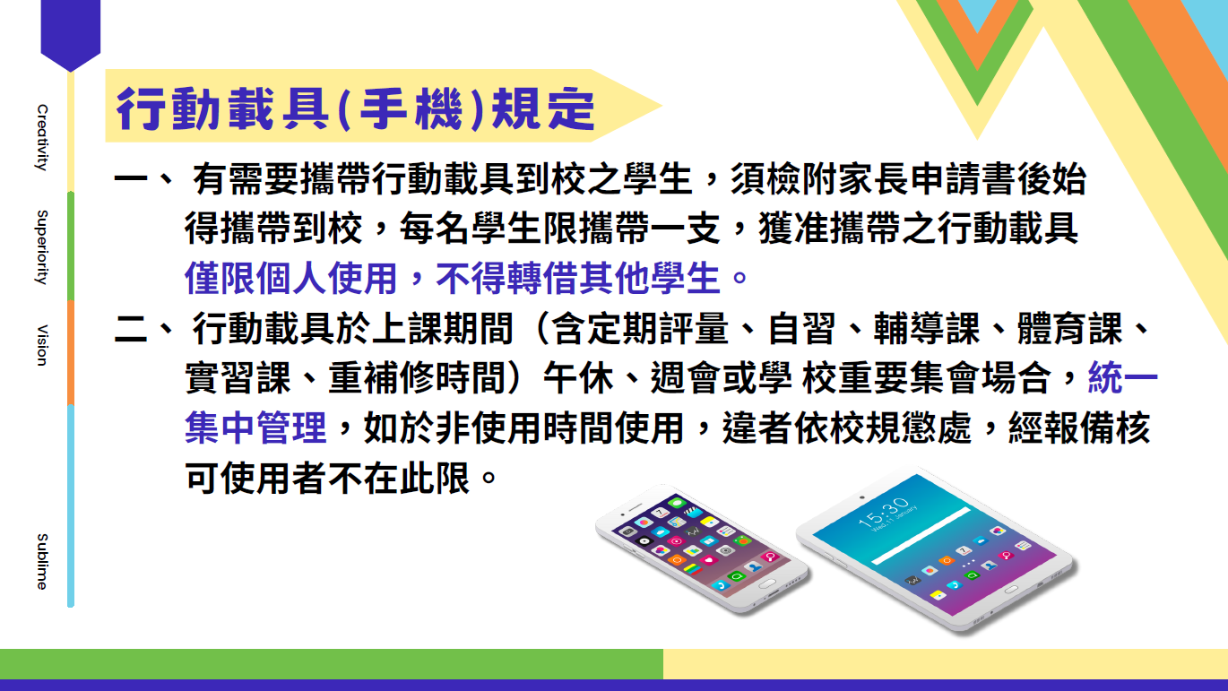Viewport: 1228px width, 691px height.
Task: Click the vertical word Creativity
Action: [x=42, y=137]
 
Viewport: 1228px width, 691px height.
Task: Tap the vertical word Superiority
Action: [x=42, y=247]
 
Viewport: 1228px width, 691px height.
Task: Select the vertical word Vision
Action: [x=42, y=345]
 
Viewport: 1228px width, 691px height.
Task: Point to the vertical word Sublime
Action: [x=42, y=561]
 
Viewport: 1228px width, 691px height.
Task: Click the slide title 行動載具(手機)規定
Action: [x=355, y=108]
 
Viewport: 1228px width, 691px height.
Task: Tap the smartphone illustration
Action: [x=702, y=548]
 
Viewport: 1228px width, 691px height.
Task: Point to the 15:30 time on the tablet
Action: [x=883, y=512]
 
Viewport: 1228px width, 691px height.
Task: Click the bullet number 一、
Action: [x=144, y=178]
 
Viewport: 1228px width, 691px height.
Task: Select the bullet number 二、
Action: [x=144, y=329]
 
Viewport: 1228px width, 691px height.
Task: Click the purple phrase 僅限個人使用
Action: [x=290, y=279]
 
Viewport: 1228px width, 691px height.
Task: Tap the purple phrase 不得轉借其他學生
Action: [x=577, y=279]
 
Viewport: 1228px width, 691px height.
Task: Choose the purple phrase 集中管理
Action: [x=255, y=428]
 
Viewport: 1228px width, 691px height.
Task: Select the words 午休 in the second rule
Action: [x=578, y=377]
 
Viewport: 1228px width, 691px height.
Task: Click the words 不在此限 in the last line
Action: [x=399, y=478]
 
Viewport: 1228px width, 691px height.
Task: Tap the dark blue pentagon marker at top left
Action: [x=71, y=33]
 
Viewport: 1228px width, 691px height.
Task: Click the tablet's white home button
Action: [x=1010, y=590]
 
